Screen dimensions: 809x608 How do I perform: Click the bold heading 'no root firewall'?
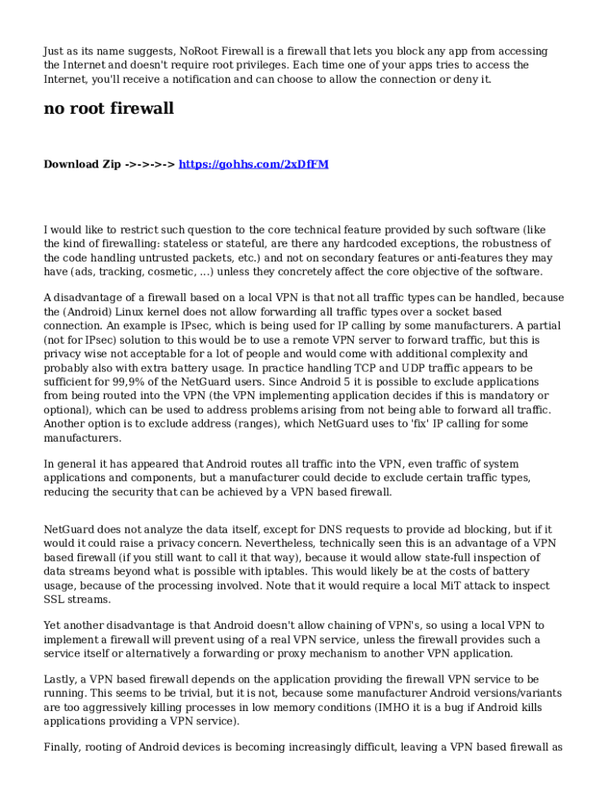(x=108, y=109)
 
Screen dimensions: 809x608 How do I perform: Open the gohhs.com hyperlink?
(x=253, y=164)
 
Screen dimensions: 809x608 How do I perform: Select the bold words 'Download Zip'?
(x=82, y=164)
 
